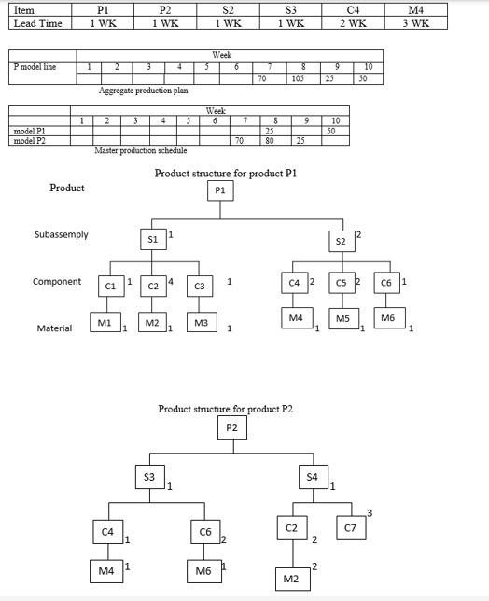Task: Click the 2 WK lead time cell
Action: pos(353,23)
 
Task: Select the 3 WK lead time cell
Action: pos(416,23)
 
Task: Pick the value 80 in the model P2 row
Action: pos(270,141)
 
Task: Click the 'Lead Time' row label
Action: pos(38,23)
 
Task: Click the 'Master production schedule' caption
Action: pos(140,151)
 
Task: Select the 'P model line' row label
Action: pos(35,67)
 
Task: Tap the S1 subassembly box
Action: pos(153,239)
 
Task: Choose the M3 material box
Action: pos(202,323)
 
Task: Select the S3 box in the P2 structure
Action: pos(149,477)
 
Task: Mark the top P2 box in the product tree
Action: pos(232,427)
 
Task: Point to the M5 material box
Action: pos(342,319)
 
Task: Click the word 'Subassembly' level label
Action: pos(62,234)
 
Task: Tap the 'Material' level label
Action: pos(55,328)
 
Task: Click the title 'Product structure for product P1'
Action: pos(219,174)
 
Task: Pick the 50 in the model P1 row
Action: pos(330,132)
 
